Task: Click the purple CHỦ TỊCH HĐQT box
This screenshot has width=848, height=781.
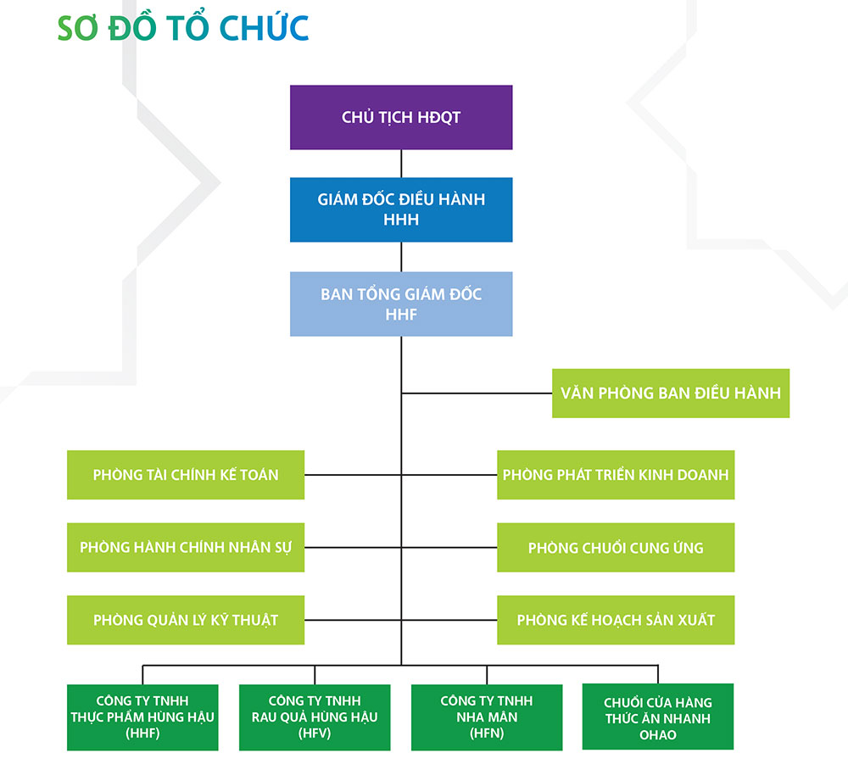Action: coord(401,117)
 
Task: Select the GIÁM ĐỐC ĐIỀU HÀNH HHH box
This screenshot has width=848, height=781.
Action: coord(401,209)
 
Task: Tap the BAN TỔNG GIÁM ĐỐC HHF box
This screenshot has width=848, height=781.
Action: coord(401,304)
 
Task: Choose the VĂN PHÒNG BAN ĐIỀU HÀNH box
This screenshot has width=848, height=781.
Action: coord(671,393)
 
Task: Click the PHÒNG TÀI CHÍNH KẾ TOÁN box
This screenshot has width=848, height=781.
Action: coord(186,474)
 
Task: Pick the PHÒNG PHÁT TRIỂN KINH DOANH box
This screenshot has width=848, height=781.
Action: coord(616,474)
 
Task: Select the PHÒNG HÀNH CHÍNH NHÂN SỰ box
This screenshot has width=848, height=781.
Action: coord(186,547)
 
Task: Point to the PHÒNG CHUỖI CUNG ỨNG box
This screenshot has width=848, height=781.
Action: coord(616,547)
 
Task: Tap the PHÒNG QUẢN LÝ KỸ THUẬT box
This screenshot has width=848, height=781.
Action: coord(186,620)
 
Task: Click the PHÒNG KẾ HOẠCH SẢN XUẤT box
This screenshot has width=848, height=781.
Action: coord(616,620)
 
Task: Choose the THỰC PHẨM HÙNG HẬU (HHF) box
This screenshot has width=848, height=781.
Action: coord(142,717)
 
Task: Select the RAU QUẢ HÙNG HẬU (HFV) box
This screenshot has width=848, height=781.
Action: coord(315,717)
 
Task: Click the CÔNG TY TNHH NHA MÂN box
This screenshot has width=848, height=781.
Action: coord(487,717)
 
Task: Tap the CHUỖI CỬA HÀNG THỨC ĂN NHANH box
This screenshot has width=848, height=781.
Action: coord(658,717)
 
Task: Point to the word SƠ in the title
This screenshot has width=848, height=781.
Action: coord(77,28)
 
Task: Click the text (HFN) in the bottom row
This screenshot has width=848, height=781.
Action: coord(487,734)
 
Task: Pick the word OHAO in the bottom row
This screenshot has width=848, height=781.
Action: coord(658,735)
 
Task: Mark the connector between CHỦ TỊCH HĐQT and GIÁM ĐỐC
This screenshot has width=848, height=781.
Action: coord(401,164)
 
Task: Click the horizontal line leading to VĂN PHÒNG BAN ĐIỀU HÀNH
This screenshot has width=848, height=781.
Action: coord(477,393)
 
